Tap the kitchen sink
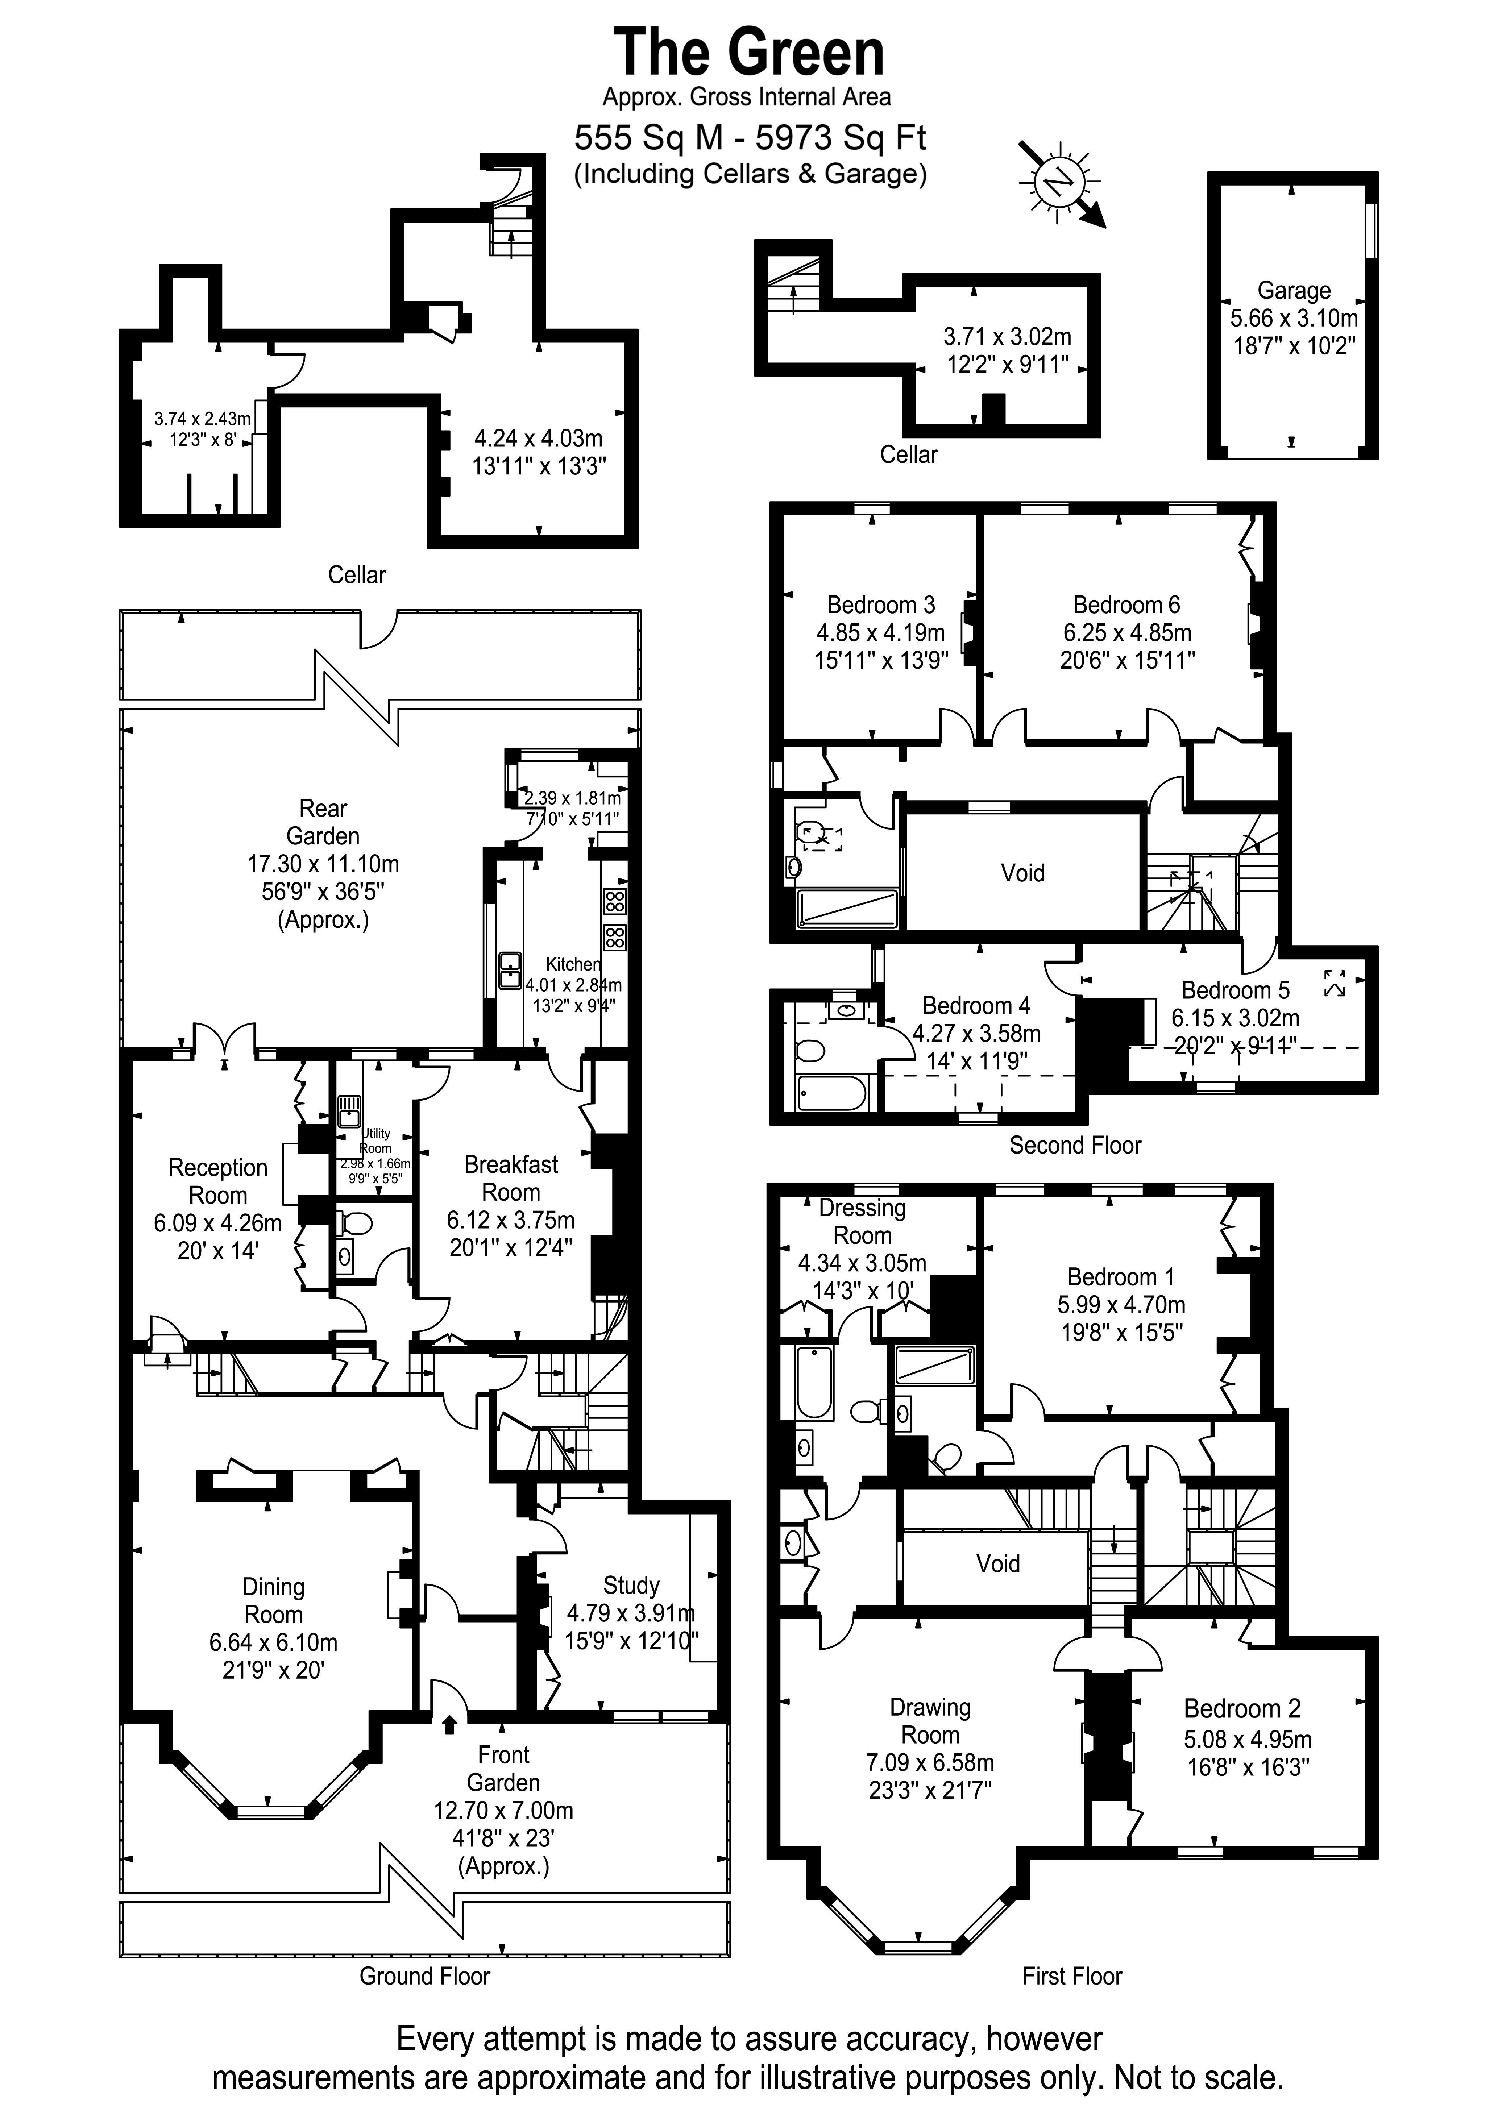pyautogui.click(x=510, y=970)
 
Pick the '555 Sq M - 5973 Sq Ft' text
pyautogui.click(x=750, y=137)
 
